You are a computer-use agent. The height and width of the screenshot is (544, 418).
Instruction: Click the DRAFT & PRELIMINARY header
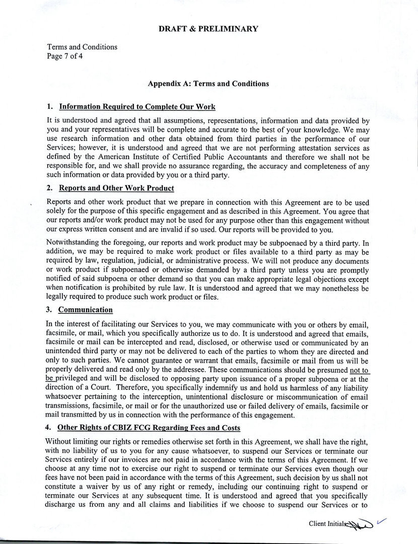208,29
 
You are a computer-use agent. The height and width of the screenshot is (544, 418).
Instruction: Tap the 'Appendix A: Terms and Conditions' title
208,84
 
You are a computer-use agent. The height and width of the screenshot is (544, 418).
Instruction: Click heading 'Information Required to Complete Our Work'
137,107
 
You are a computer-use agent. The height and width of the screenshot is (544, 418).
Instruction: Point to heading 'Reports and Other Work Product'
116,188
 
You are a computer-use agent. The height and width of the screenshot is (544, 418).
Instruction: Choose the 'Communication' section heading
86,310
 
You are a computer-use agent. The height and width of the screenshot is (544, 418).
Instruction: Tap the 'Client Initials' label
328,524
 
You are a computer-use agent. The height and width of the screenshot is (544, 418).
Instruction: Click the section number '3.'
50,310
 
